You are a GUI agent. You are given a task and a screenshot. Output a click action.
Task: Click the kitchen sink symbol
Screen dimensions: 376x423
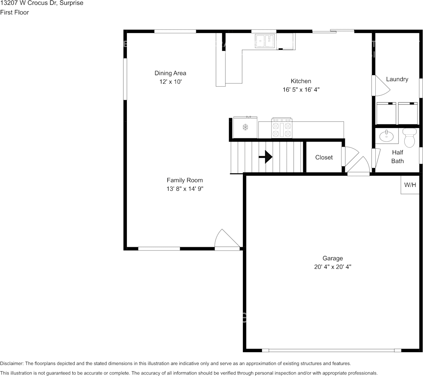[x=265, y=41]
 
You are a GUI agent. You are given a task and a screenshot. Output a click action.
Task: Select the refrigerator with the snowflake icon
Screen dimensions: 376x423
[x=245, y=128]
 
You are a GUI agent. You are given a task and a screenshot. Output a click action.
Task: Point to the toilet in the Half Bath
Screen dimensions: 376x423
[x=409, y=138]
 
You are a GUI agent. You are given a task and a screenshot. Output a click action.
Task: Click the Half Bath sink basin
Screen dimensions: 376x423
[x=386, y=136]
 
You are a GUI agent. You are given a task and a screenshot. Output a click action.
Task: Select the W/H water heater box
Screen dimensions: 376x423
[x=409, y=185]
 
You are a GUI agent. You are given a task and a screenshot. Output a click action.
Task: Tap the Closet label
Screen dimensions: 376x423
[x=324, y=157]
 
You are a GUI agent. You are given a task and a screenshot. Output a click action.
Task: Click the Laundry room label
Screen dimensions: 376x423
[x=397, y=79]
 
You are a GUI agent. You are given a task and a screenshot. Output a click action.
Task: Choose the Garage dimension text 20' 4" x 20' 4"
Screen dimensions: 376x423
[x=332, y=267]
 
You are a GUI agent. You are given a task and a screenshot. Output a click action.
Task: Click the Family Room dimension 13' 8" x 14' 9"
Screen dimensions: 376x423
[x=185, y=189]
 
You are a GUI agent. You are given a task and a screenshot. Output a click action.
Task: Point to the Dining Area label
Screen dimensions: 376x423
[x=170, y=73]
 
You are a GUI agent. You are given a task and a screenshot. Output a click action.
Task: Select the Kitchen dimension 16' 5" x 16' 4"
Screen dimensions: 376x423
[x=301, y=90]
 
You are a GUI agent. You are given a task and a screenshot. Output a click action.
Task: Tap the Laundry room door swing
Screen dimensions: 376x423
[x=380, y=85]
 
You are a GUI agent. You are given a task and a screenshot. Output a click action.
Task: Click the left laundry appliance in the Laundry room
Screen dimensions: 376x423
[x=386, y=113]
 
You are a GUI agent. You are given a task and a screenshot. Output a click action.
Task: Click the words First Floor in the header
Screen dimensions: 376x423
[x=14, y=12]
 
